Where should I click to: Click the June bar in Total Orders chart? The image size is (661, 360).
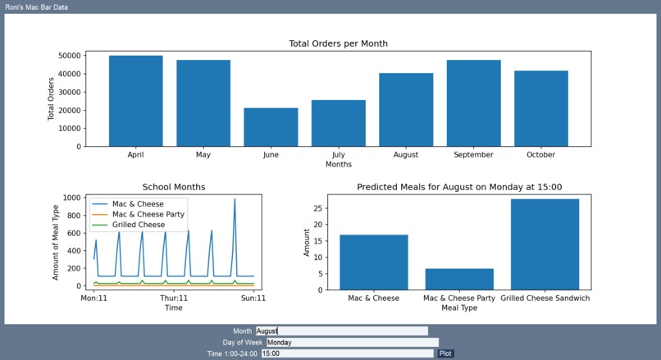pyautogui.click(x=271, y=127)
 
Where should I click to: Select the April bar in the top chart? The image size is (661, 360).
pyautogui.click(x=135, y=101)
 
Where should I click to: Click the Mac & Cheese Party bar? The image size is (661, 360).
pyautogui.click(x=459, y=279)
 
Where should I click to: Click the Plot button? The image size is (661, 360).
pyautogui.click(x=445, y=353)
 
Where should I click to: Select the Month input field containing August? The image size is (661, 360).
pyautogui.click(x=341, y=331)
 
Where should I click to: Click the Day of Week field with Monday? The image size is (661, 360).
pyautogui.click(x=352, y=342)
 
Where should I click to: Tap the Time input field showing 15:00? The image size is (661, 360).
pyautogui.click(x=346, y=353)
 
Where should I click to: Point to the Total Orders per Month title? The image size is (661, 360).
pyautogui.click(x=338, y=43)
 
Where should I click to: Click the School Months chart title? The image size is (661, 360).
pyautogui.click(x=174, y=187)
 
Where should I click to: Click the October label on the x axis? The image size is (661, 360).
pyautogui.click(x=540, y=154)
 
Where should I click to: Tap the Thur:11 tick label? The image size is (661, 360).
pyautogui.click(x=174, y=298)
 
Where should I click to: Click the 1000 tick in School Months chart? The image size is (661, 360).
pyautogui.click(x=70, y=198)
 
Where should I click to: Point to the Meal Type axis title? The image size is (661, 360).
pyautogui.click(x=458, y=308)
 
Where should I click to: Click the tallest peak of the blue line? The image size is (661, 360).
pyautogui.click(x=235, y=199)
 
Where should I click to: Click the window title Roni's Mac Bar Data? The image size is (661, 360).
pyautogui.click(x=37, y=7)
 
